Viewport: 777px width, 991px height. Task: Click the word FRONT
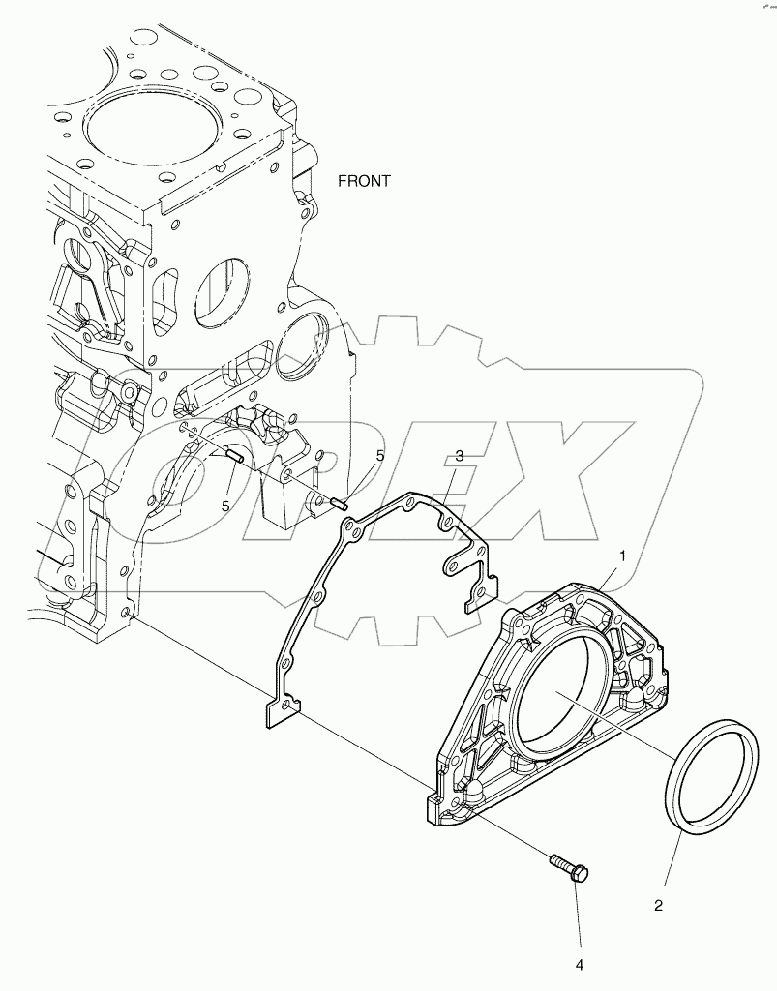[364, 181]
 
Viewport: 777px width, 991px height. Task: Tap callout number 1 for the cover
[624, 556]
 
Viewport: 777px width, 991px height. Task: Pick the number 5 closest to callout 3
[380, 455]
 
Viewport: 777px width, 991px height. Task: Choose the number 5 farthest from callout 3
[225, 505]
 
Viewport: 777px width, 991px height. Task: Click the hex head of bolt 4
[580, 875]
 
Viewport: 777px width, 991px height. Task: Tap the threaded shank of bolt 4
[560, 861]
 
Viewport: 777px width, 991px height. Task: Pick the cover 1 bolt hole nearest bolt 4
[453, 802]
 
